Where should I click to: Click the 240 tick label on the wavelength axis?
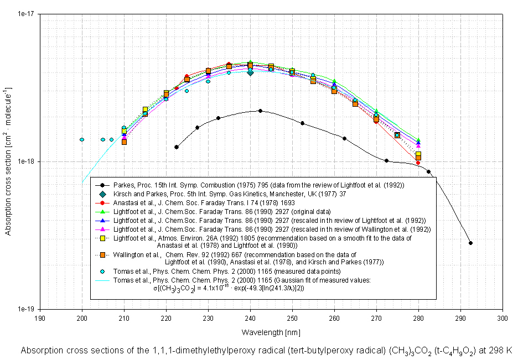[250, 319]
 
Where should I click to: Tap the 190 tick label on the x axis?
[40, 319]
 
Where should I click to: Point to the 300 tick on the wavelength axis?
[503, 319]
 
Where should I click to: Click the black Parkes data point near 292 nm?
[470, 243]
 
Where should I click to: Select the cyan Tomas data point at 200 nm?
[82, 139]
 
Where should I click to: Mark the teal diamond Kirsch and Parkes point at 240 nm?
[250, 72]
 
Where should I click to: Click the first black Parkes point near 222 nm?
[177, 147]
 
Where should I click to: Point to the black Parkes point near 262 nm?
[344, 138]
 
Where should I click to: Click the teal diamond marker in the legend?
[103, 194]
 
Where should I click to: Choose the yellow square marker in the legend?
[103, 239]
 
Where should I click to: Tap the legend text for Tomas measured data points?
[227, 272]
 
